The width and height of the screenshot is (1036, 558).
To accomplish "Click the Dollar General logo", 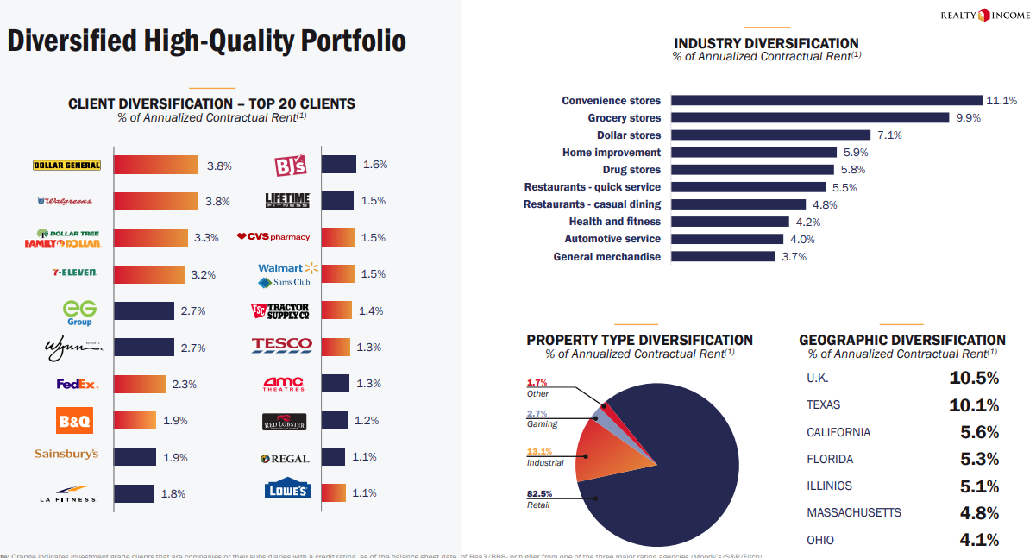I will pyautogui.click(x=66, y=165).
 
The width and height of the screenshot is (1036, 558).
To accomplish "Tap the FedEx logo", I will pyautogui.click(x=78, y=384).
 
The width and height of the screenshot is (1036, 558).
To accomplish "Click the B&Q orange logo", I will pyautogui.click(x=74, y=421).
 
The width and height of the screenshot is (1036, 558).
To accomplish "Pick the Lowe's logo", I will pyautogui.click(x=288, y=491).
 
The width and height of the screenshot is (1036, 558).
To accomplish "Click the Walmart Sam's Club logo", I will pyautogui.click(x=288, y=275).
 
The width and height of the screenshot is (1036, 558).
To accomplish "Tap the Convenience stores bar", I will pyautogui.click(x=826, y=101).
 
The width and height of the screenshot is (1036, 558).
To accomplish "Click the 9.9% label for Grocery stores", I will pyautogui.click(x=968, y=118).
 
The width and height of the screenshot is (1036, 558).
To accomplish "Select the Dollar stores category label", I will pyautogui.click(x=629, y=135).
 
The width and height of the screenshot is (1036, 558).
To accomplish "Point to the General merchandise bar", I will pyautogui.click(x=723, y=256).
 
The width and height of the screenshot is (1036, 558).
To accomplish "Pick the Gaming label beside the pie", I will pyautogui.click(x=542, y=424).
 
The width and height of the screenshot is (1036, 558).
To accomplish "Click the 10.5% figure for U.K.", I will pyautogui.click(x=974, y=378).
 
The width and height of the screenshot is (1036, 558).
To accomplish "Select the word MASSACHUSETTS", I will pyautogui.click(x=853, y=513).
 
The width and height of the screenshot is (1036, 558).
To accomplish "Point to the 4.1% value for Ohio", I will pyautogui.click(x=979, y=541).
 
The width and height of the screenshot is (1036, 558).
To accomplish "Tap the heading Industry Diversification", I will pyautogui.click(x=766, y=43).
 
